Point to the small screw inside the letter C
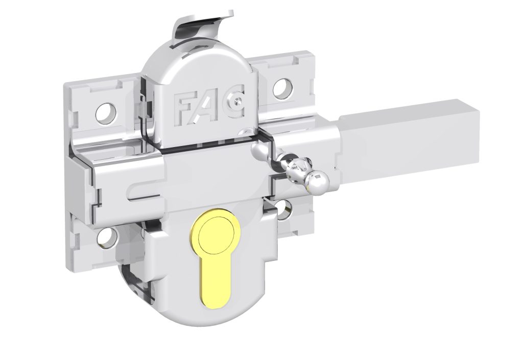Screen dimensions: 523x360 point(237,99)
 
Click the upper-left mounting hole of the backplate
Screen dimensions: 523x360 point(106,113)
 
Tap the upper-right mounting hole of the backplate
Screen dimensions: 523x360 point(283,88)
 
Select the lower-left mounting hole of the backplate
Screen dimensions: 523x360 point(107,238)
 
